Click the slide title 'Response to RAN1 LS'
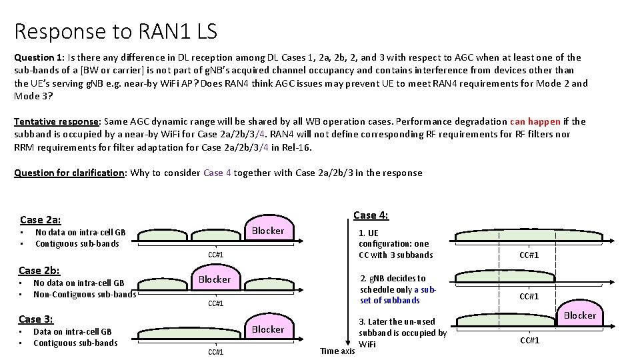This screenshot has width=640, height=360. [x=115, y=31]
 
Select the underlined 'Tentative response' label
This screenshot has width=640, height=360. [x=55, y=121]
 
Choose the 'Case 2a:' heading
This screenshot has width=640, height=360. [x=41, y=219]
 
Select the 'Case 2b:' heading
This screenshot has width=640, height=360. [x=39, y=270]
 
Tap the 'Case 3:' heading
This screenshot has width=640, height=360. [x=36, y=319]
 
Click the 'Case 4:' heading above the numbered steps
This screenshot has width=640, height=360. [x=371, y=215]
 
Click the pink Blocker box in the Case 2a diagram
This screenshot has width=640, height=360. [x=267, y=231]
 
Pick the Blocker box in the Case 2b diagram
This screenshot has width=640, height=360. [x=215, y=279]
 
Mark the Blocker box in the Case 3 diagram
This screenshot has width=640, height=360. [x=267, y=329]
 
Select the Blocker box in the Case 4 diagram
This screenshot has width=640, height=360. [x=579, y=315]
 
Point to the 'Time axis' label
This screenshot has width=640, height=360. [x=337, y=351]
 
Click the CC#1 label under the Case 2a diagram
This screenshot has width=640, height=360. [x=215, y=255]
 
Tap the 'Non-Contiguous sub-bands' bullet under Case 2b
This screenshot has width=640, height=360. [x=85, y=294]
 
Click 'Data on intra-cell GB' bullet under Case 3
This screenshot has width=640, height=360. [x=72, y=331]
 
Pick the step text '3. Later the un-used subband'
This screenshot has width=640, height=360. [x=402, y=332]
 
